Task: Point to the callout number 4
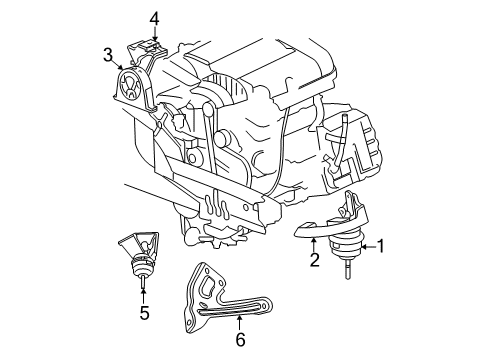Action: coord(154,18)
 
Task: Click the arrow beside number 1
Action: coord(364,245)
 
